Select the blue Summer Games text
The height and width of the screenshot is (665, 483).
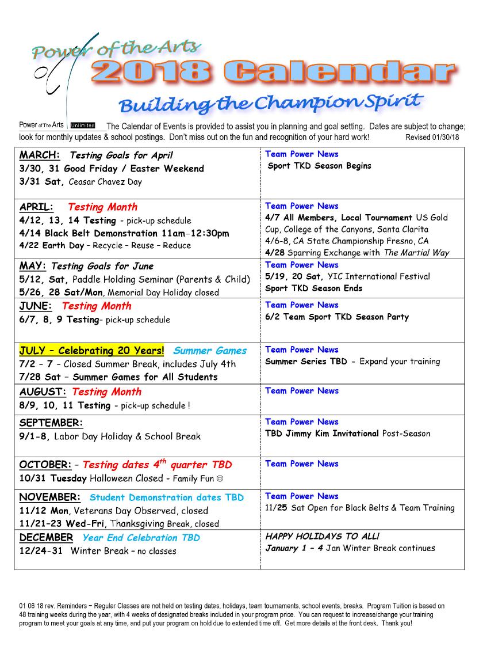[210, 351]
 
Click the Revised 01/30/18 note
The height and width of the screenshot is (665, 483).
[436, 138]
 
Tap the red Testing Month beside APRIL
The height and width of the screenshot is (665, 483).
[102, 207]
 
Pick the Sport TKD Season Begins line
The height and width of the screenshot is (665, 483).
[320, 166]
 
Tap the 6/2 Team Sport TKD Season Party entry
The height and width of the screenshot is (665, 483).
[337, 317]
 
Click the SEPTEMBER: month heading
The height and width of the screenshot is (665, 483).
[51, 423]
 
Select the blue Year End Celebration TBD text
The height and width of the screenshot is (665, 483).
[141, 538]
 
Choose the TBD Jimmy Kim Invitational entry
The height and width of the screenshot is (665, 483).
[322, 434]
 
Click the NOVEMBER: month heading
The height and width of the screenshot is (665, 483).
[50, 497]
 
